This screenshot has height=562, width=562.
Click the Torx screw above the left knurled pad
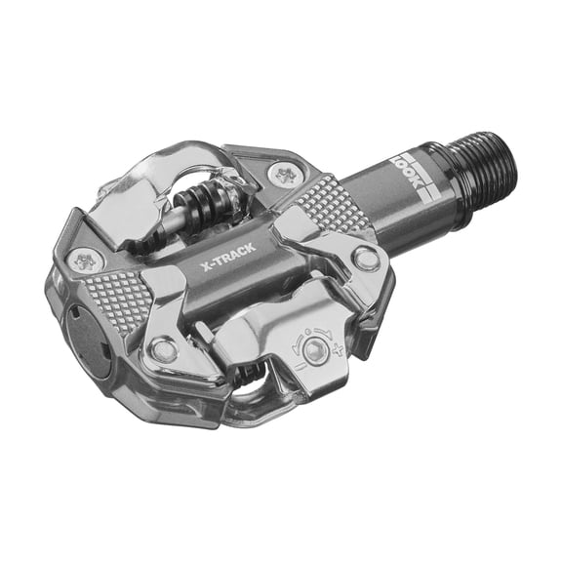86,261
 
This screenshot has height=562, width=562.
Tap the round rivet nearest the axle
368,259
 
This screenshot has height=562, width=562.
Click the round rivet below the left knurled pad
165,349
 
